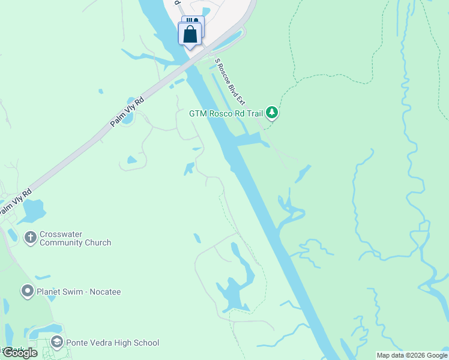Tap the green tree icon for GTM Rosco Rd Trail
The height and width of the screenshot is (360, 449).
click(x=272, y=112)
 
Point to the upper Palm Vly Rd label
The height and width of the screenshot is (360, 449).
click(x=127, y=112)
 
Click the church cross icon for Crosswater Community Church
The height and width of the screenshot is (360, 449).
click(x=30, y=238)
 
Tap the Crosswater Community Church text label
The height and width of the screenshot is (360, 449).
click(x=75, y=238)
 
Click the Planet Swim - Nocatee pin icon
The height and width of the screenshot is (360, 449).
click(x=27, y=292)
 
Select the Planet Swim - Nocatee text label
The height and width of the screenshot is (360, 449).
click(x=79, y=292)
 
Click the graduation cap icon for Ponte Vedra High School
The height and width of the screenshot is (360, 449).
click(x=57, y=343)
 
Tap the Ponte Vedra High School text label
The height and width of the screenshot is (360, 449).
click(x=112, y=343)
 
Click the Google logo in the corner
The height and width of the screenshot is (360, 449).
click(x=19, y=353)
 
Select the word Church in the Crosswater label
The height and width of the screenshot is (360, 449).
click(x=96, y=243)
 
